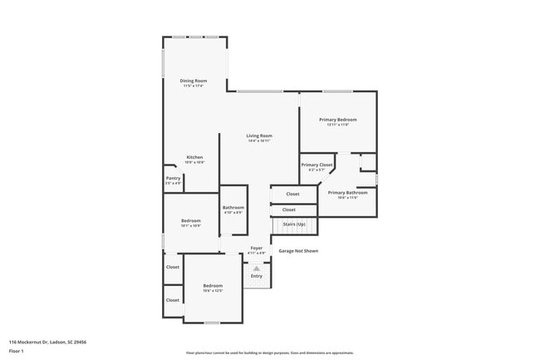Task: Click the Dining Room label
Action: pos(193,81)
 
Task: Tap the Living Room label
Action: pos(259,136)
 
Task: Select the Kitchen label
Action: pos(194,157)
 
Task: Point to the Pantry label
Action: pos(173,178)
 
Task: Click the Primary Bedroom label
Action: pos(337,120)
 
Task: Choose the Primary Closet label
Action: pos(317,165)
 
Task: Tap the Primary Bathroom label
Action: pos(347,192)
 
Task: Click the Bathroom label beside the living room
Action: pos(233,207)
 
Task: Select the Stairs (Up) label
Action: pos(294,224)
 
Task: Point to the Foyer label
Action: pos(257,248)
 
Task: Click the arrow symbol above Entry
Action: pos(257,269)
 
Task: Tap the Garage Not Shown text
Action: pos(297,250)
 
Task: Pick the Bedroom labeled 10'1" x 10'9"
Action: pos(191,220)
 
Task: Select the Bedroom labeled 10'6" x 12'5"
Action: pos(213,286)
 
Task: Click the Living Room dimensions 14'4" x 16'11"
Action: pos(259,141)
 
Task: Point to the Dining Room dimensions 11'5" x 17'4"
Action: pos(193,86)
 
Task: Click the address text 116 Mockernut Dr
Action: pos(48,342)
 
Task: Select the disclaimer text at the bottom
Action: pos(270,353)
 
